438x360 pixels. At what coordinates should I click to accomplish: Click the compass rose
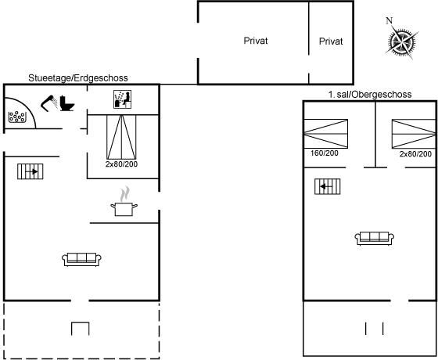coord(402,42)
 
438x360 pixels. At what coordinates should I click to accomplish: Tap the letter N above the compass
coord(390,20)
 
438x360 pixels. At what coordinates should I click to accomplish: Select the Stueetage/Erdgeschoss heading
coord(78,77)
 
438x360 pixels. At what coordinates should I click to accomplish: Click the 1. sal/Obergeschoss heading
coord(370,95)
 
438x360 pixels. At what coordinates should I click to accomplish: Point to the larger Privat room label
coord(256,41)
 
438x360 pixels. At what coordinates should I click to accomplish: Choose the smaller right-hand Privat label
coord(331,41)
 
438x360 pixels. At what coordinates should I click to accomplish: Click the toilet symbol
coord(67,103)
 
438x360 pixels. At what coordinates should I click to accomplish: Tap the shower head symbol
coord(49,103)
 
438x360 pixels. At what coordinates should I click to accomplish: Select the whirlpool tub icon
coord(16,117)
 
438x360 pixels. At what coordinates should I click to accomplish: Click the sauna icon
coord(122,99)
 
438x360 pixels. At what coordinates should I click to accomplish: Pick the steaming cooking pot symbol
coord(124,202)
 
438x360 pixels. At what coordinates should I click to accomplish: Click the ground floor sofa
coord(81,259)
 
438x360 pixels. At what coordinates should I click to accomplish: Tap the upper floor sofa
coord(375,238)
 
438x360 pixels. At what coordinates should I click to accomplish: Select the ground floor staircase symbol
coord(31,171)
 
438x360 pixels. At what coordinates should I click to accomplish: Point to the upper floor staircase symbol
coord(328,186)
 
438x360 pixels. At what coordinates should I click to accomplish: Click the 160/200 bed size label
coord(325,153)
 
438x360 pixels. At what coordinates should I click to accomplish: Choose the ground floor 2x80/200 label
coord(121,164)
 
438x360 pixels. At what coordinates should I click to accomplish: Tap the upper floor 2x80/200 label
coord(415,153)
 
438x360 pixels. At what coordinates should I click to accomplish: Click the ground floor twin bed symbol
coord(121,137)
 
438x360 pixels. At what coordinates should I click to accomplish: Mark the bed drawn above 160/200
coord(325,134)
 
